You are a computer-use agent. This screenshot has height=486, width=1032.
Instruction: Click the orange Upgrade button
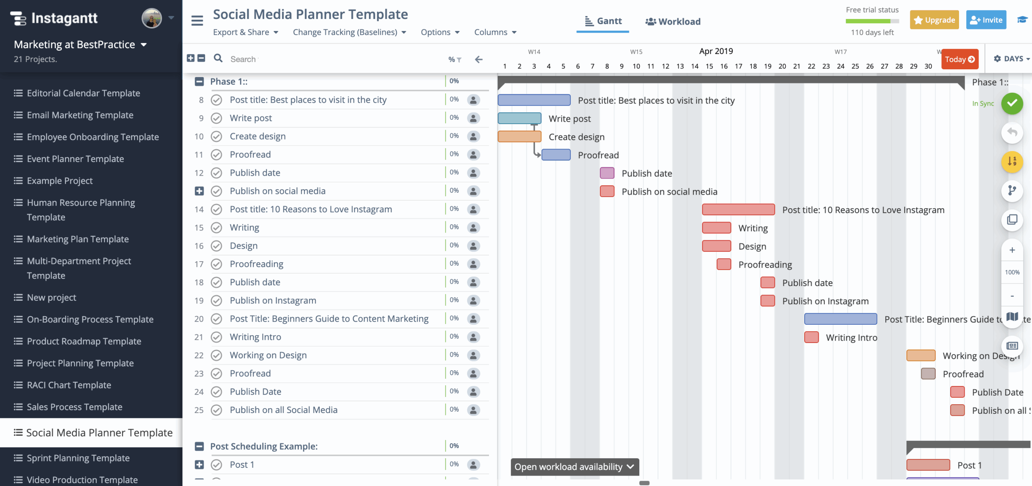[934, 20]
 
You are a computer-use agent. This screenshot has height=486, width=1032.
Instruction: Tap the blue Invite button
[986, 20]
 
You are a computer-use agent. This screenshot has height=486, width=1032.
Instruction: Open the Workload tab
[673, 21]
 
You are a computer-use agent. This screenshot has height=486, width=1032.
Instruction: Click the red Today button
[959, 59]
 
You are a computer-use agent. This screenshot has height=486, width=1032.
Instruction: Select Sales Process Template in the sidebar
[74, 407]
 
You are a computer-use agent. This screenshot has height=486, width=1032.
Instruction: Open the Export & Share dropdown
[246, 32]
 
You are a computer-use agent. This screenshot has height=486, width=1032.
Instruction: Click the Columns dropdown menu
[495, 32]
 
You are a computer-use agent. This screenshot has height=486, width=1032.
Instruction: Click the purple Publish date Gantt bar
[607, 173]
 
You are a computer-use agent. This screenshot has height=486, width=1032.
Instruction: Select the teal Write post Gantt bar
[519, 118]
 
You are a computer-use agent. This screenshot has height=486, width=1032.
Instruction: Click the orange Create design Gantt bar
[519, 137]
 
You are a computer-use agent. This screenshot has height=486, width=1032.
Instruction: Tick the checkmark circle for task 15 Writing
[216, 228]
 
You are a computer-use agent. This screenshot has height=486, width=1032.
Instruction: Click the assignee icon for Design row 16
[473, 246]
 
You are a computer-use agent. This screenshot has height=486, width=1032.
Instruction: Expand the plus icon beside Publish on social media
[199, 191]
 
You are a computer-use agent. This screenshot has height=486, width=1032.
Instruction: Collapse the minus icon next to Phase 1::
[199, 81]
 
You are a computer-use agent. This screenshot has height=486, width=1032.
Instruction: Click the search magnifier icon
[218, 58]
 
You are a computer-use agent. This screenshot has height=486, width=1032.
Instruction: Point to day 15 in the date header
[709, 66]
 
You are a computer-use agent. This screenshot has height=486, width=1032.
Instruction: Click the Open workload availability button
[574, 467]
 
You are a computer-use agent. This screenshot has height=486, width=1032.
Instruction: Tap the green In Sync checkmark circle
[1012, 104]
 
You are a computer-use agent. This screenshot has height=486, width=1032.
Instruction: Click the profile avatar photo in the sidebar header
[152, 18]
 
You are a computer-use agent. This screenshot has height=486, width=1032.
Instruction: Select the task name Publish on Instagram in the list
[273, 301]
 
